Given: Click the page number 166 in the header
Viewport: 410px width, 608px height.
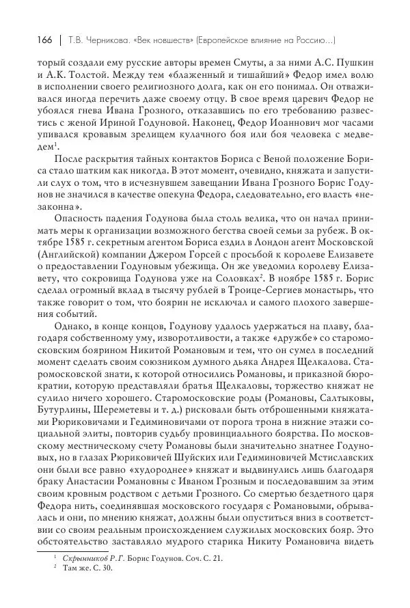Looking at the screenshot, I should (33, 40).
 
